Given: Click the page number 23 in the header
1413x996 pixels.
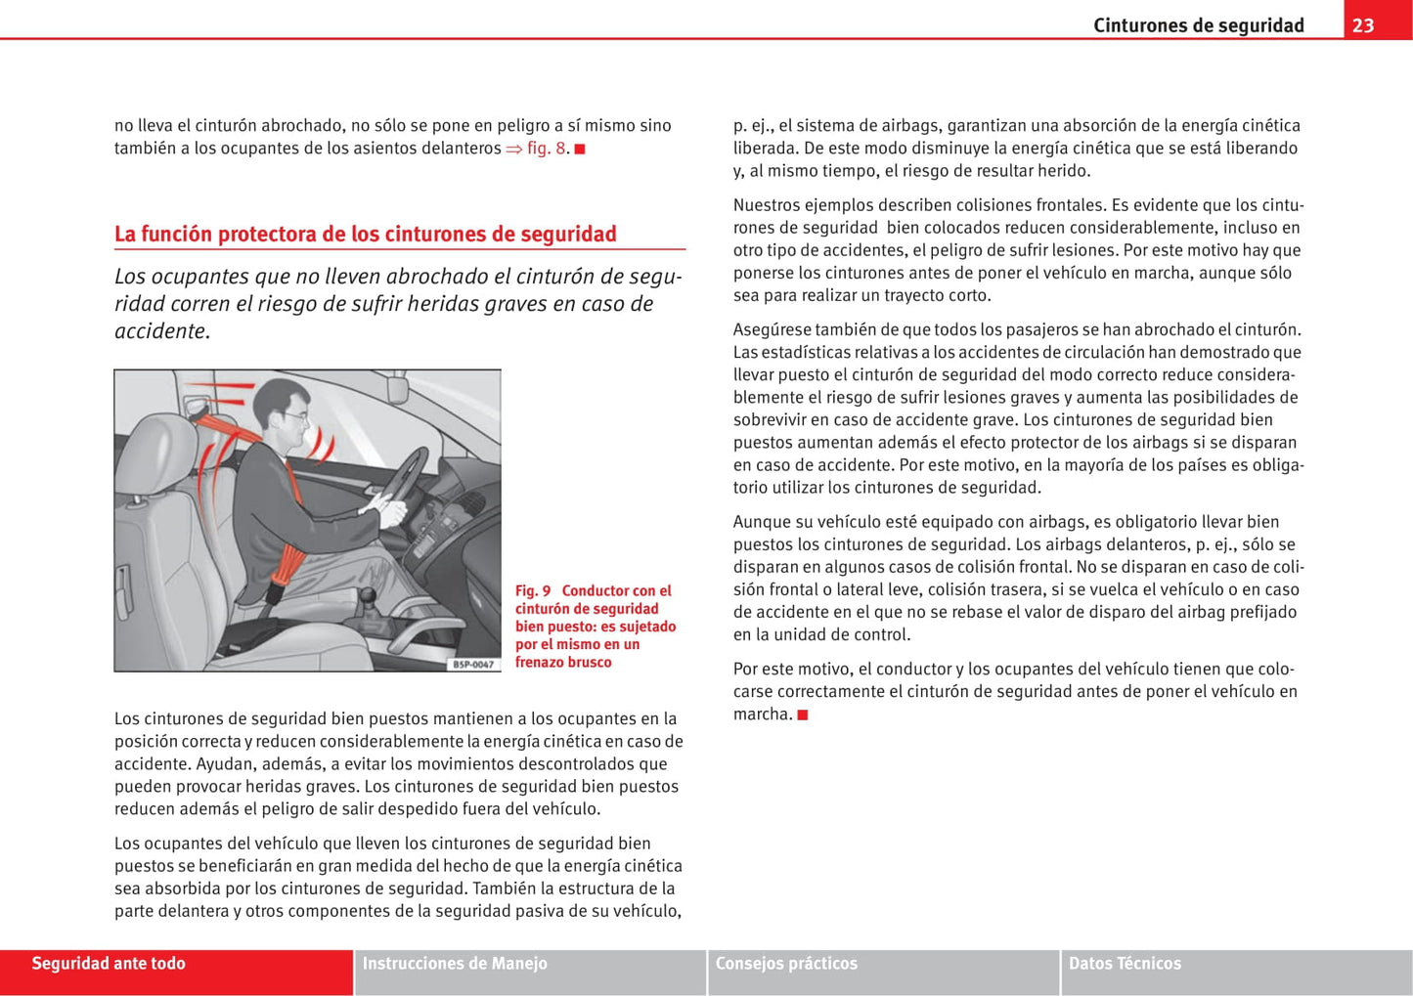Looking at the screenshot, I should tap(1363, 25).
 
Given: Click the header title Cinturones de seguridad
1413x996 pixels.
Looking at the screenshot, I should tap(1198, 25).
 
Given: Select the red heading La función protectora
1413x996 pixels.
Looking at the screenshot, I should tap(365, 234).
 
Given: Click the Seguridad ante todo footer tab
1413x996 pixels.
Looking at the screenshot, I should tap(109, 964).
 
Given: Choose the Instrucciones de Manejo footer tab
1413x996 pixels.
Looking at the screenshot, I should tap(455, 964).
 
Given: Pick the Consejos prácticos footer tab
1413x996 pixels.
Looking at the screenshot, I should tap(786, 964).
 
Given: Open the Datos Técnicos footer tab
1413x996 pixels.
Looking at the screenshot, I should tap(1125, 964).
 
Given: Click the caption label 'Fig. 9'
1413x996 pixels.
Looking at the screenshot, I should tap(533, 590).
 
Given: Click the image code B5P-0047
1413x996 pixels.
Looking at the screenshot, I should tap(473, 664).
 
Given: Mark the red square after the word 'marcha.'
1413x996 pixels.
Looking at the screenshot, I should tap(803, 715).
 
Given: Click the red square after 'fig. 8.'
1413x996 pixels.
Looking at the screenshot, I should tap(579, 150).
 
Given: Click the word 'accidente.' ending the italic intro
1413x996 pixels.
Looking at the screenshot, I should tap(161, 331).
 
